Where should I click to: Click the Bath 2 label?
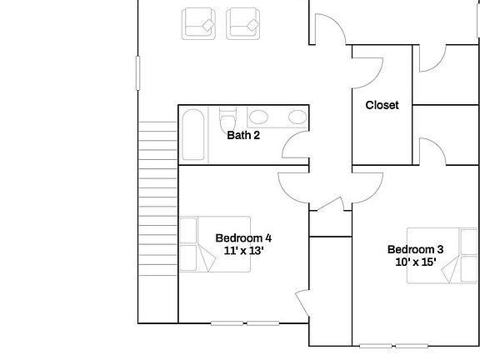coord(244,134)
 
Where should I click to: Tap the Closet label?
coord(382,106)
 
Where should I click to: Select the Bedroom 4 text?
coord(243,237)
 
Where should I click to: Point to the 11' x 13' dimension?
coord(243,250)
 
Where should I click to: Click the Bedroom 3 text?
coord(415,249)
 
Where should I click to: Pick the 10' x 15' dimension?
coord(415,262)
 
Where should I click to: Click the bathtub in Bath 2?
coord(192,135)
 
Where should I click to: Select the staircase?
coord(157,200)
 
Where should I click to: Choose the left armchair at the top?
coord(199,22)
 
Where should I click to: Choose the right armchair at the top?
coord(243,22)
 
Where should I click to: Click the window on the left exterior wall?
coord(137,72)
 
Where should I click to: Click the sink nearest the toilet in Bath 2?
coord(258,117)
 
